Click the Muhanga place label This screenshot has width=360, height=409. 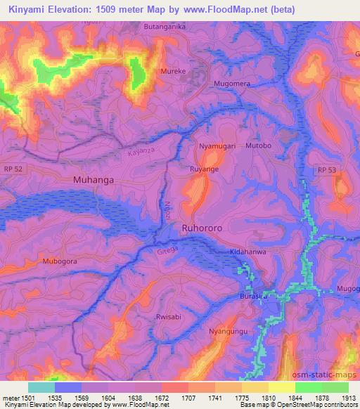(x=93, y=180)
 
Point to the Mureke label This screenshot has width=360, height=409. (x=174, y=71)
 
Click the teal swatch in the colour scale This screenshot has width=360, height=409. (x=41, y=387)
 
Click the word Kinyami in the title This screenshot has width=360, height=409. (x=28, y=9)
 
